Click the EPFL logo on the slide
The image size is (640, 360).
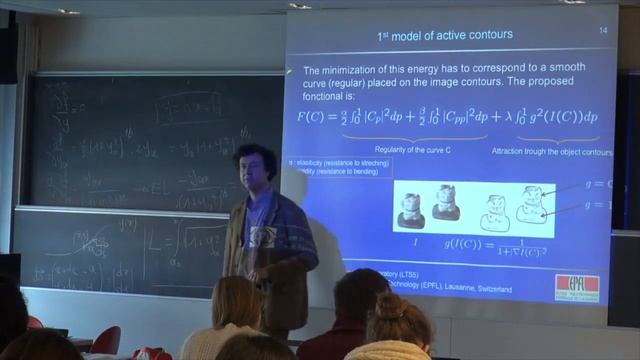pyautogui.click(x=577, y=287)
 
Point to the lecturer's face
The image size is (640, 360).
pyautogui.click(x=247, y=168)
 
